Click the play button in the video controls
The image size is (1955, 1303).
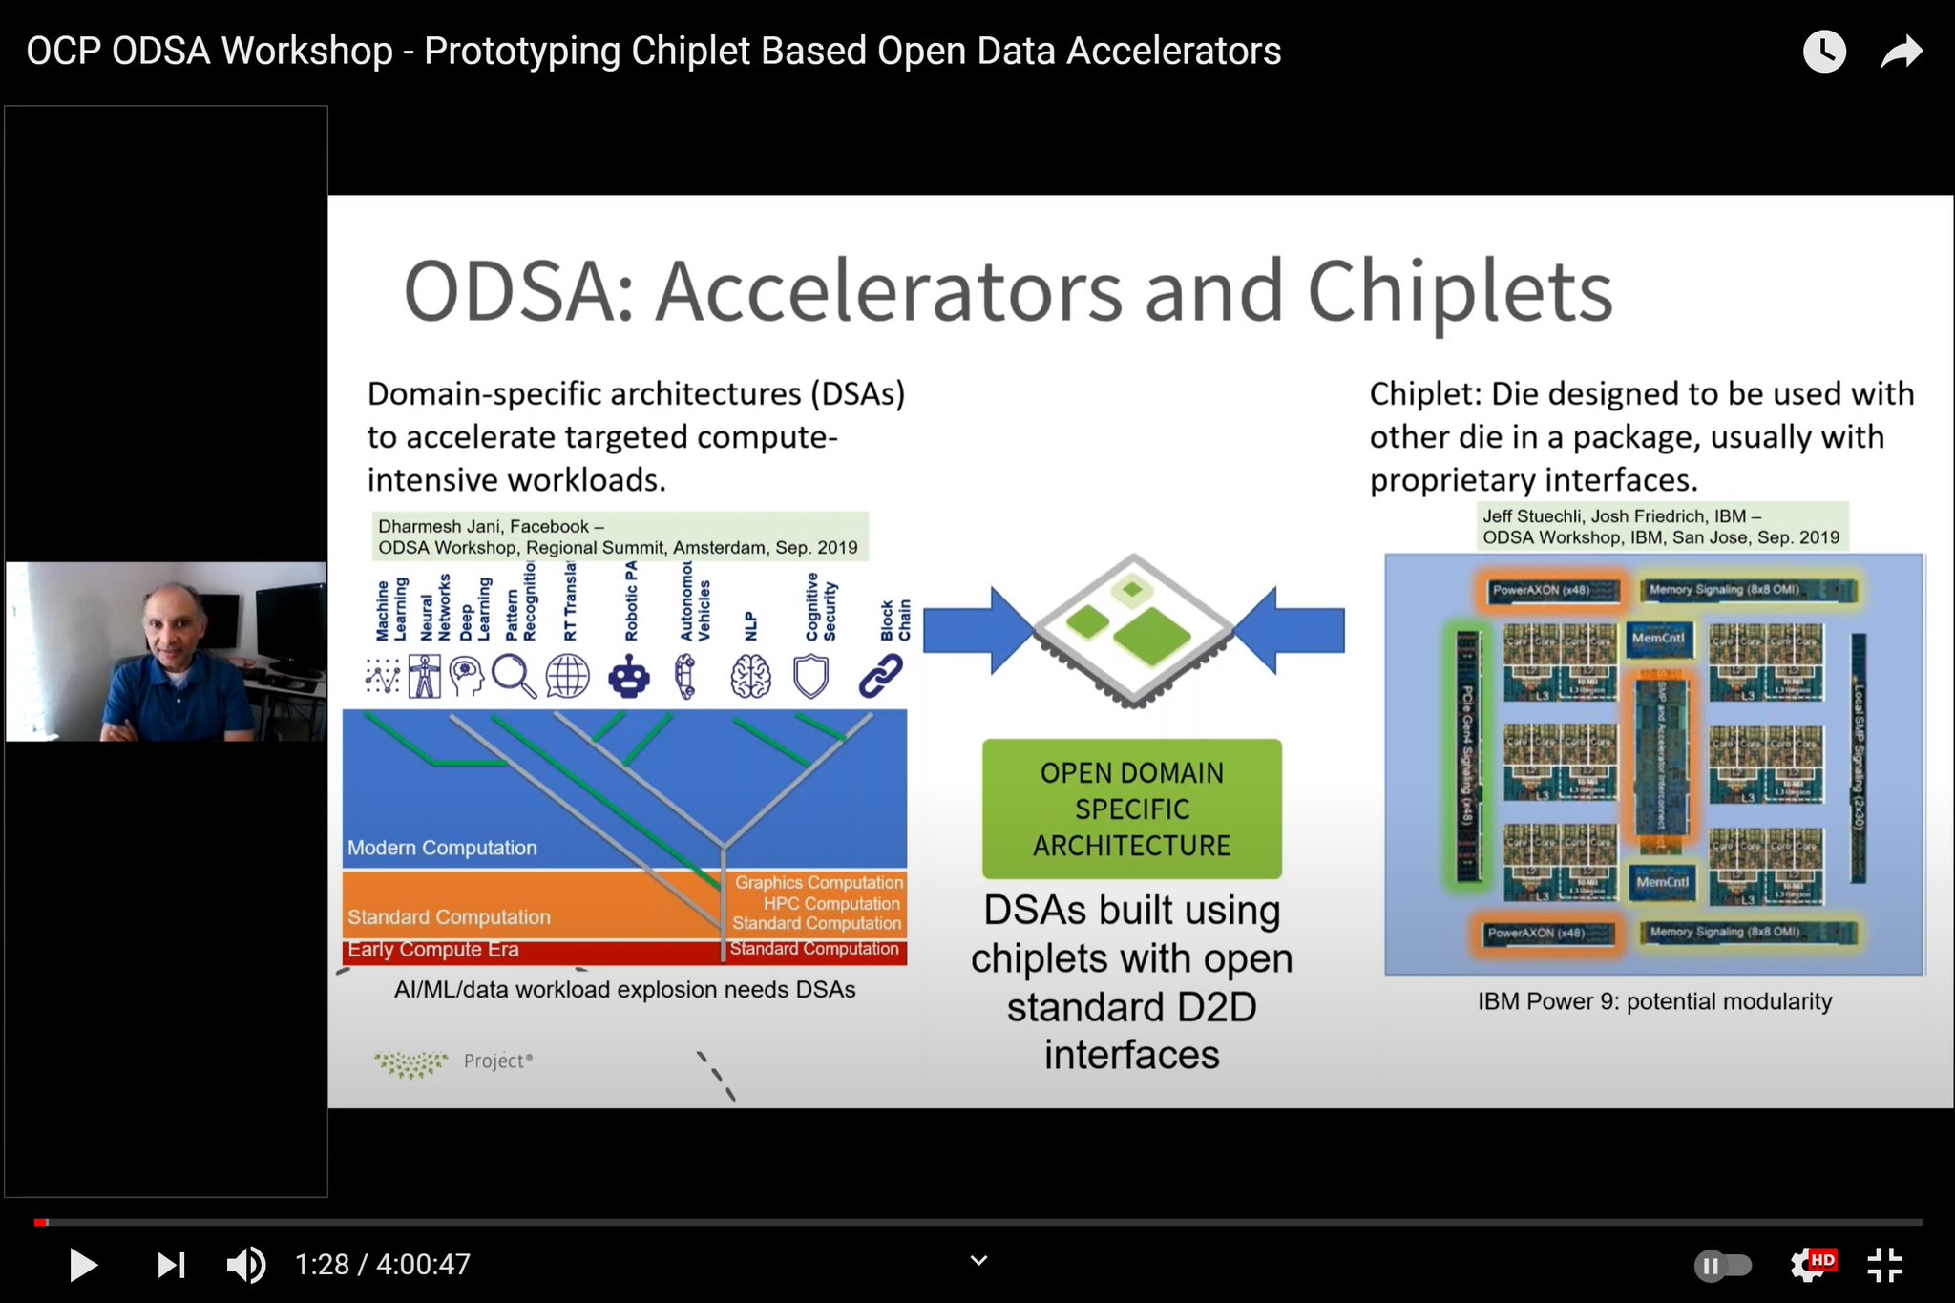click(83, 1265)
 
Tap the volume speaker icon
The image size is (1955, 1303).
click(245, 1265)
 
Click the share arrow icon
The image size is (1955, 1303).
click(1901, 52)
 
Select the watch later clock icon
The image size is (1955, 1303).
click(1823, 52)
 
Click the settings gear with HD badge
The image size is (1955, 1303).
click(1810, 1265)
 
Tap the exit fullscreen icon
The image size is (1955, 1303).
click(1884, 1265)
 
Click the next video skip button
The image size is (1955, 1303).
click(171, 1265)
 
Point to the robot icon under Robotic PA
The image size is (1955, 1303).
click(628, 677)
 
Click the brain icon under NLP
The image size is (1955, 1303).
click(750, 677)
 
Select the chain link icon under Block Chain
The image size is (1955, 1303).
click(880, 676)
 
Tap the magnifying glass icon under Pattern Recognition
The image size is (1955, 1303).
click(514, 677)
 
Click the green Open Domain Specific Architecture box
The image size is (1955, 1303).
click(1131, 809)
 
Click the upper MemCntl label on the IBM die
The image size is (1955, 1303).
click(1658, 638)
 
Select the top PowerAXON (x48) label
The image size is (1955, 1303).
click(1541, 590)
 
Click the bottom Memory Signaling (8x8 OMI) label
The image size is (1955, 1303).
click(1724, 932)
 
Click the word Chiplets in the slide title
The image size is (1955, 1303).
click(1460, 291)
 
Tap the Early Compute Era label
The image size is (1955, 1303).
click(432, 950)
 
